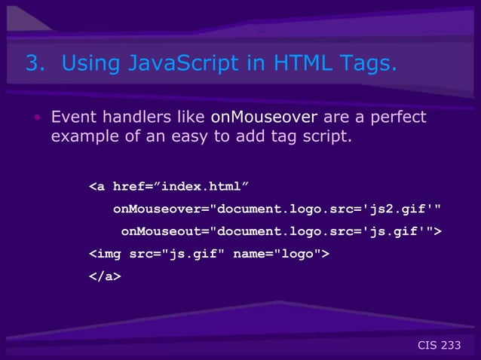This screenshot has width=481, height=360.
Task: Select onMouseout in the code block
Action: point(161,230)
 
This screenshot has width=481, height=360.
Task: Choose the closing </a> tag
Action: point(106,276)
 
